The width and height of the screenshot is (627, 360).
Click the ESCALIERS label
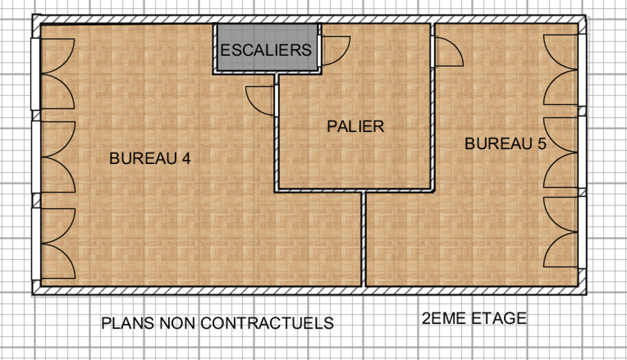266,50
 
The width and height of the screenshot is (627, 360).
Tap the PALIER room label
355,126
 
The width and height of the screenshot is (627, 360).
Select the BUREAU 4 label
150,159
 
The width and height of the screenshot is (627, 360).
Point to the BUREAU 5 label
505,143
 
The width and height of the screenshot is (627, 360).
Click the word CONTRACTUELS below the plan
267,323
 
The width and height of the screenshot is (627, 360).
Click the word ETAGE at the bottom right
499,318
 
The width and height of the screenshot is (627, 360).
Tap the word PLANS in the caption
128,323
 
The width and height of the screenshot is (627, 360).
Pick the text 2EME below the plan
445,318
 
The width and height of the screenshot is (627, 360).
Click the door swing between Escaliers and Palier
334,51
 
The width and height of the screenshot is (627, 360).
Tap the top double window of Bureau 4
53,74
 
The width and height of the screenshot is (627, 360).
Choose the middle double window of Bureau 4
53,157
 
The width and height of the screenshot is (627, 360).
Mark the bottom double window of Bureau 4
53,244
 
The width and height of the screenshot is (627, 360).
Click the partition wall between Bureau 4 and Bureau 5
364,239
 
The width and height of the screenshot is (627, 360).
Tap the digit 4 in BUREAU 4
186,159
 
